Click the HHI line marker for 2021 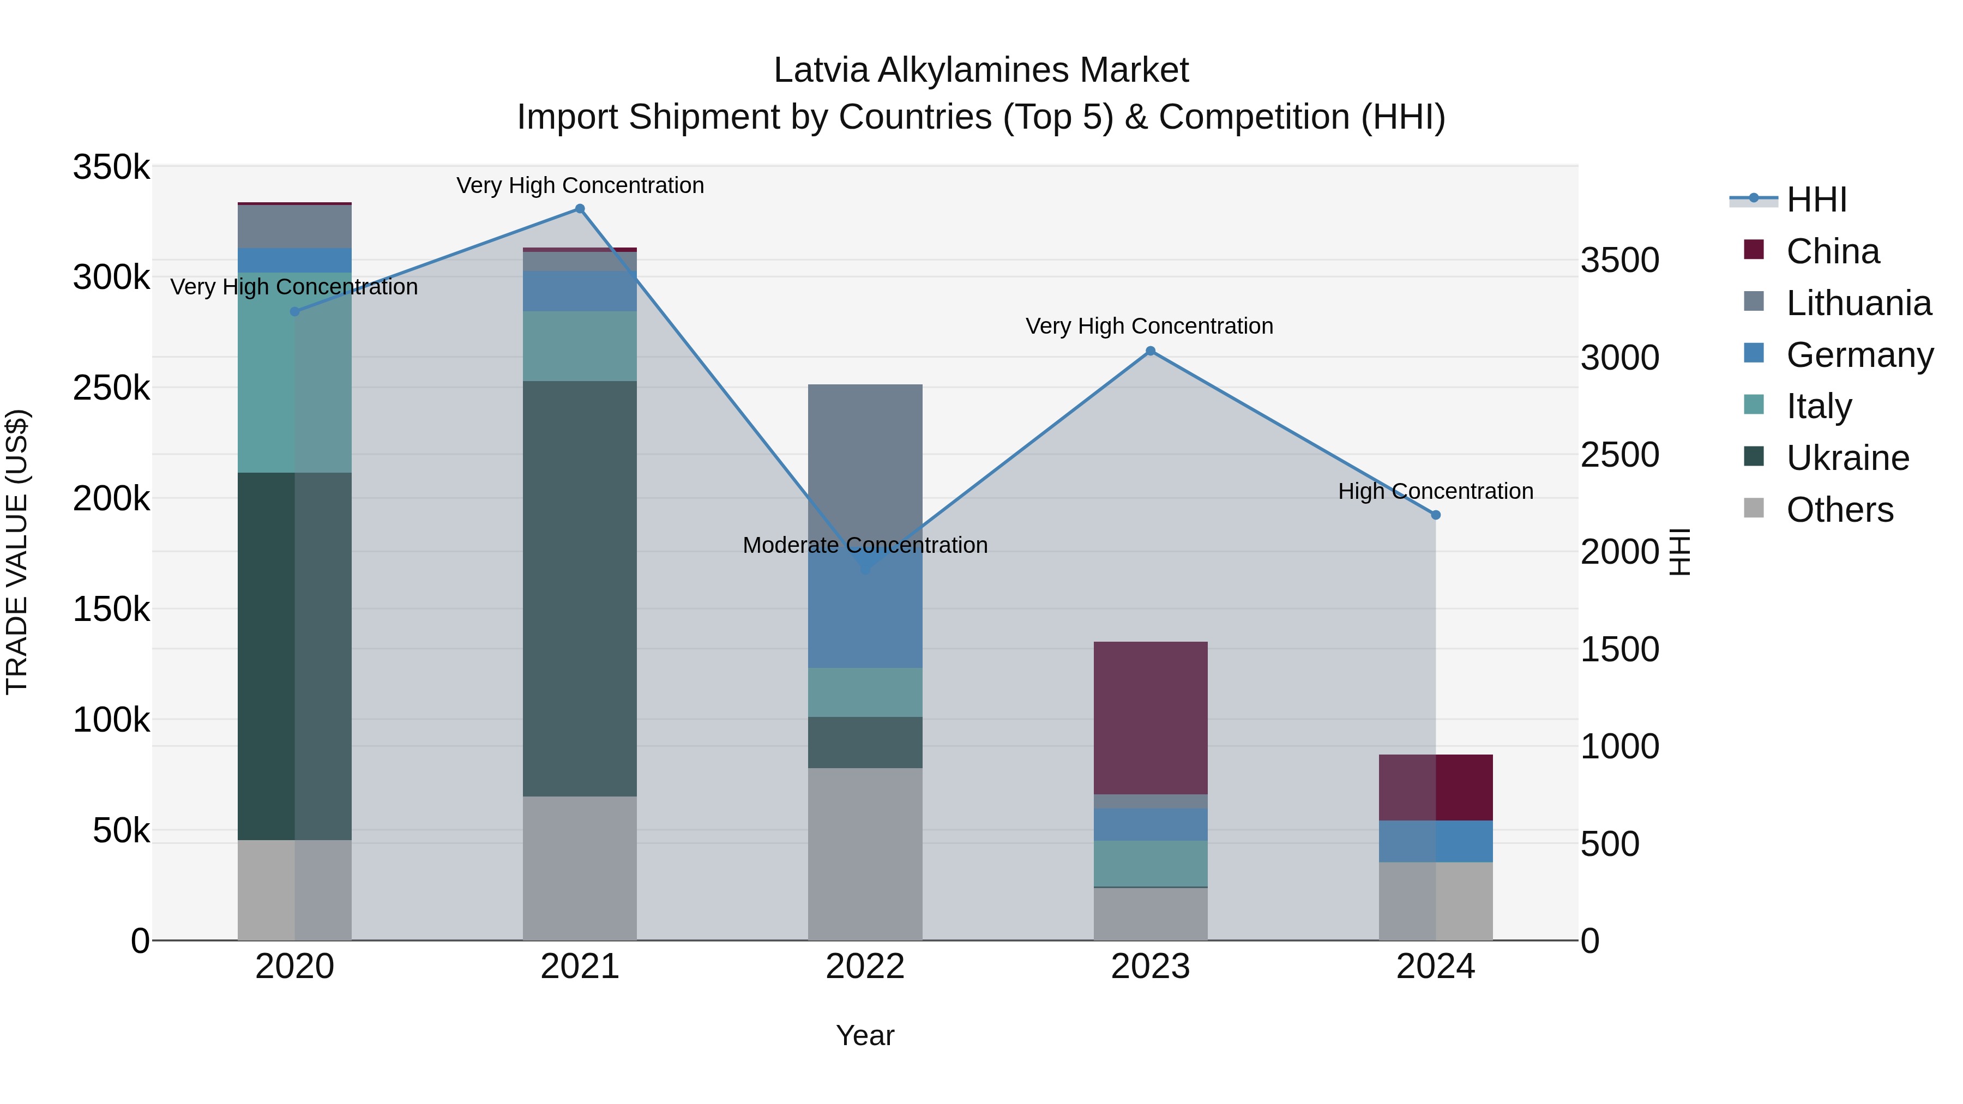pyautogui.click(x=580, y=209)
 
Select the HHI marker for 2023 pyautogui.click(x=1151, y=351)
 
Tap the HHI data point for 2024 pyautogui.click(x=1436, y=515)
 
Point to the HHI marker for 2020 pyautogui.click(x=295, y=312)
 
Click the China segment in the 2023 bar pyautogui.click(x=1151, y=717)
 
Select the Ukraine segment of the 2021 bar pyautogui.click(x=580, y=588)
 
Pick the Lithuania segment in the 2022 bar pyautogui.click(x=865, y=457)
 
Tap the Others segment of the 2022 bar pyautogui.click(x=865, y=853)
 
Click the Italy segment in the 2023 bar pyautogui.click(x=1151, y=863)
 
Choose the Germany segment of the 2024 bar pyautogui.click(x=1436, y=841)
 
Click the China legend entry pyautogui.click(x=1832, y=251)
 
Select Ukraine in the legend pyautogui.click(x=1847, y=459)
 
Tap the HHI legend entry pyautogui.click(x=1815, y=200)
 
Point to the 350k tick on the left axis pyautogui.click(x=111, y=167)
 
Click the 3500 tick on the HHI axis pyautogui.click(x=1619, y=260)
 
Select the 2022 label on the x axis pyautogui.click(x=865, y=967)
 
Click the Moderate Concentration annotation pyautogui.click(x=865, y=546)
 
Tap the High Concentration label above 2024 pyautogui.click(x=1436, y=491)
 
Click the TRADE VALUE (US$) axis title pyautogui.click(x=17, y=552)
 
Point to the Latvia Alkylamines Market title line pyautogui.click(x=981, y=70)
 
